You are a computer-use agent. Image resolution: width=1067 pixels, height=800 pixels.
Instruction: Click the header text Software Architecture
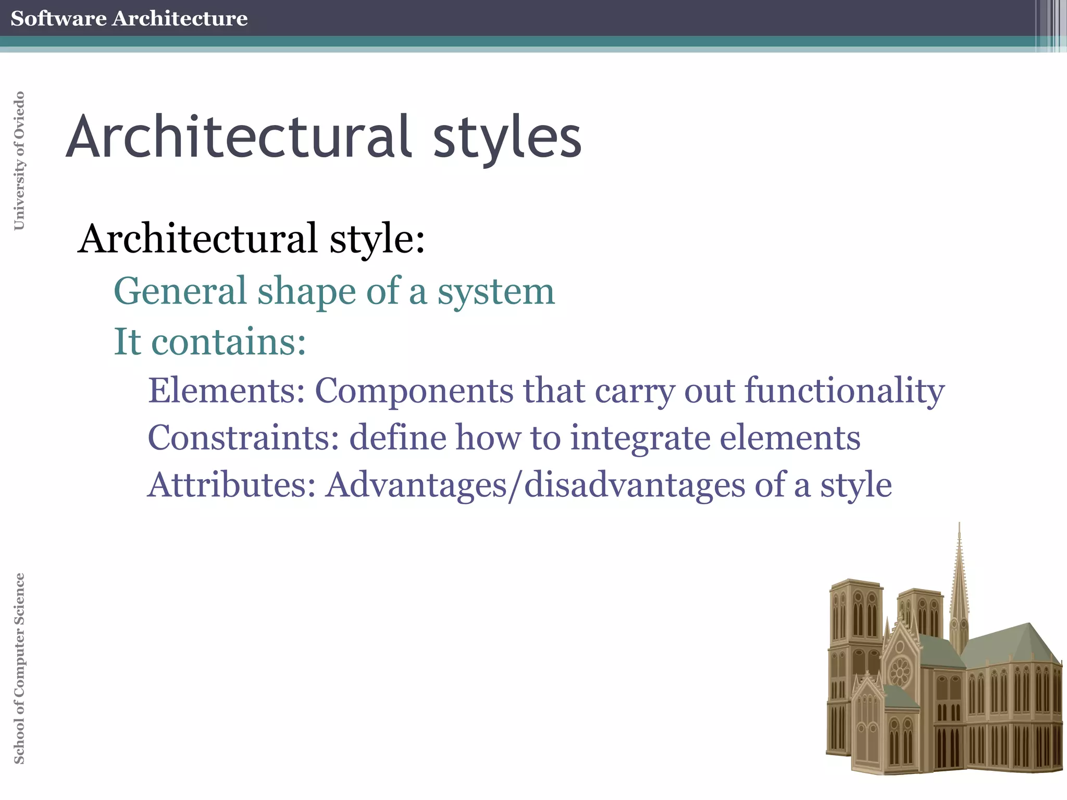tap(129, 18)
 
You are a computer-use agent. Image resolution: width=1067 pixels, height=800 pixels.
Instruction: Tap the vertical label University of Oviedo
tap(19, 160)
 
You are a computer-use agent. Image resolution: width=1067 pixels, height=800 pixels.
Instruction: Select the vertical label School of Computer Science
tap(19, 668)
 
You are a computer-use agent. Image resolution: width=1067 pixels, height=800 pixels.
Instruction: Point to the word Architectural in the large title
tap(238, 136)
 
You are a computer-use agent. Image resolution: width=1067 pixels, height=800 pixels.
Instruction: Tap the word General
tap(180, 291)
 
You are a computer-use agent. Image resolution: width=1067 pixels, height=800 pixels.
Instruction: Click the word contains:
tap(228, 342)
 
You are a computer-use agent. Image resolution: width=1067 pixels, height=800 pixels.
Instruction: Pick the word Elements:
tap(226, 390)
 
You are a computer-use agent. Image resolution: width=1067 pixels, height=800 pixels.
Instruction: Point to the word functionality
tap(844, 391)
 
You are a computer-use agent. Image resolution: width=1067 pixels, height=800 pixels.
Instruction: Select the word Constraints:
tap(243, 438)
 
